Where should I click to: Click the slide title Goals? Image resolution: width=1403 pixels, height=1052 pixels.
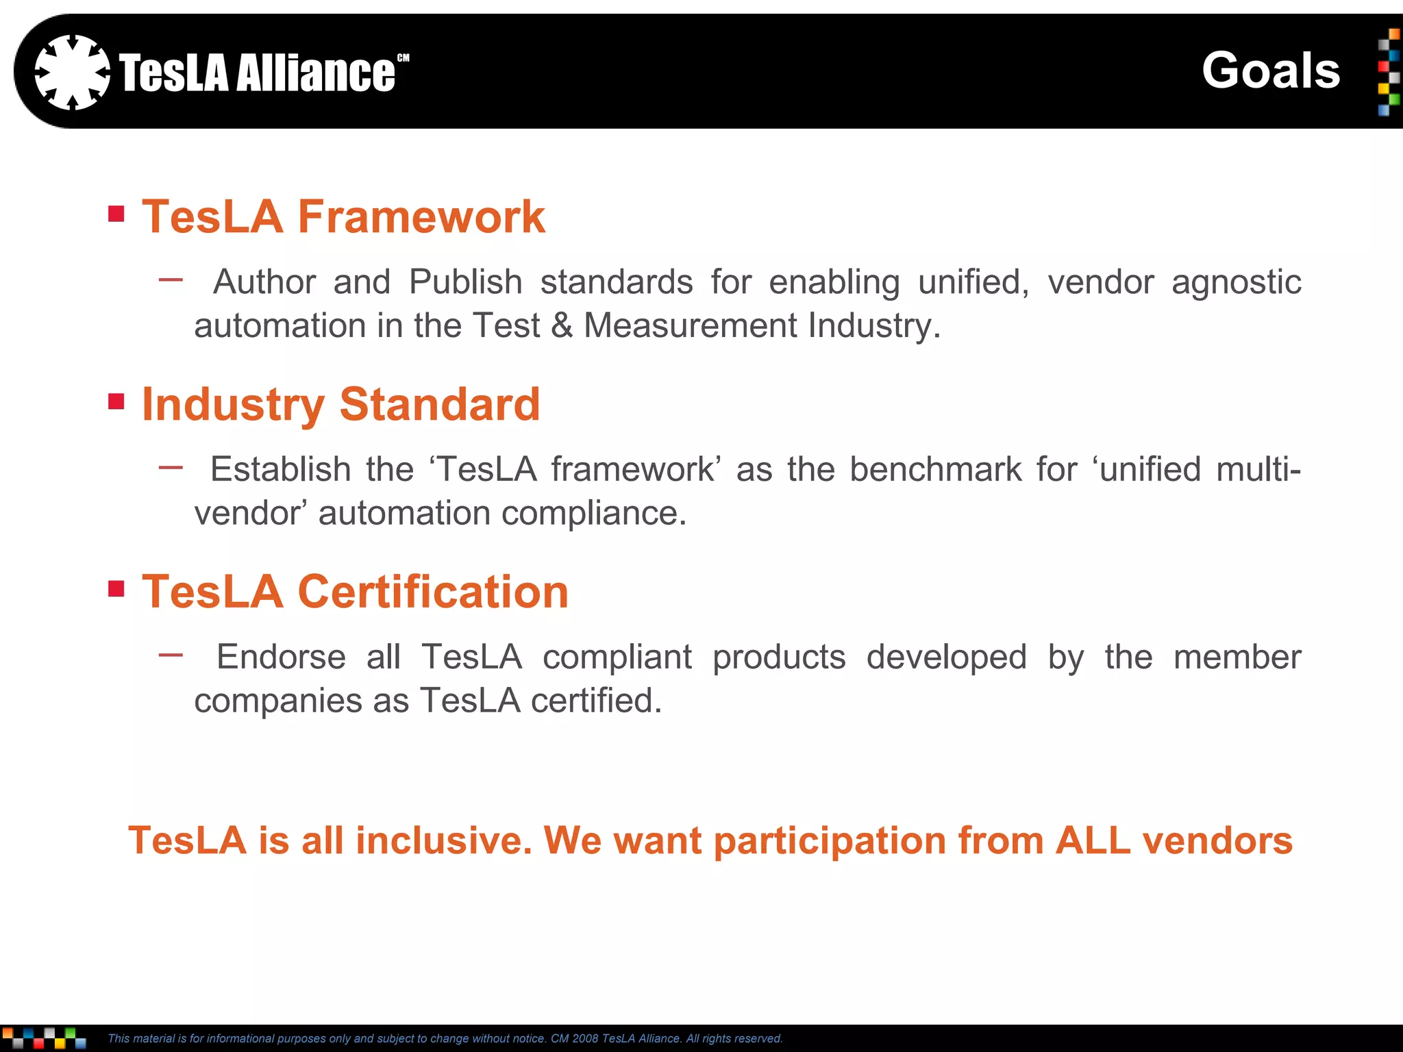point(1271,71)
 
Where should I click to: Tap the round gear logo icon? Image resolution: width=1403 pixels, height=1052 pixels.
point(72,72)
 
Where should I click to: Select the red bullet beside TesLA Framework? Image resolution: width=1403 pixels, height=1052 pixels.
point(116,214)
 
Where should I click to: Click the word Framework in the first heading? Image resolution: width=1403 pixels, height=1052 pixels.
point(421,217)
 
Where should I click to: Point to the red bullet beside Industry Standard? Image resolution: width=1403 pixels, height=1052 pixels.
point(116,401)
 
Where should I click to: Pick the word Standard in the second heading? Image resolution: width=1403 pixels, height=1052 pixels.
point(440,404)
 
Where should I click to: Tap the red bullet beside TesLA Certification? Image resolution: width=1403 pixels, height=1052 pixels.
point(116,588)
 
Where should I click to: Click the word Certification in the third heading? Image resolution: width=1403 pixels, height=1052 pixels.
point(433,592)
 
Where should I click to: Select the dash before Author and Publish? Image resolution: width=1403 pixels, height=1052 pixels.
point(171,279)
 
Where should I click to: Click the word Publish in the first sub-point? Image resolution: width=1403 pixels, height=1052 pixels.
point(466,282)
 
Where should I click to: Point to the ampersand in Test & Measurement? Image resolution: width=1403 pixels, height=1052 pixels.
point(562,325)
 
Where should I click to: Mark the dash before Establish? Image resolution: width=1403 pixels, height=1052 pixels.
point(171,468)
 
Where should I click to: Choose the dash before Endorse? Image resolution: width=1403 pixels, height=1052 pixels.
point(171,655)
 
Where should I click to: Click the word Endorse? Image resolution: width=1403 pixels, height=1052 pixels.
point(281,657)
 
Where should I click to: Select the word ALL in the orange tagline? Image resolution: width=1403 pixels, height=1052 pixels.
point(1093,840)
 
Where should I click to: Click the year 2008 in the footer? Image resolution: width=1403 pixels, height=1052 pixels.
point(585,1039)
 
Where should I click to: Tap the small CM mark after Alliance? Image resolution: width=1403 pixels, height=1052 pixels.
point(403,58)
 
